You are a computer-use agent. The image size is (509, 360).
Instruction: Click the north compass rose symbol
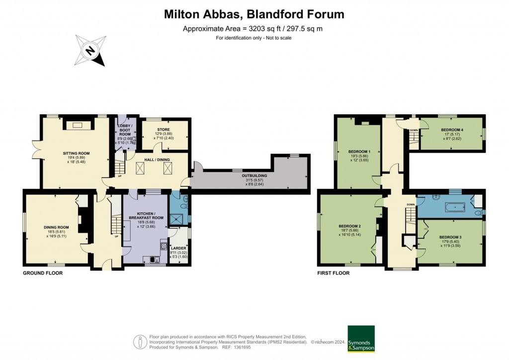tap(91, 50)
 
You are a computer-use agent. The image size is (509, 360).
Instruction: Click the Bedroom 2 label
tap(349, 226)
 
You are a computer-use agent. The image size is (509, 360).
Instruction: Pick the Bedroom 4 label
tap(452, 130)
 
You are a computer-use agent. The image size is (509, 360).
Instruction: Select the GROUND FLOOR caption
tap(43, 273)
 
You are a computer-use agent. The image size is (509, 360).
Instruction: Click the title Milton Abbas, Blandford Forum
tap(254, 14)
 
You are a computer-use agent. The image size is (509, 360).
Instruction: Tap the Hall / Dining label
tap(150, 159)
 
